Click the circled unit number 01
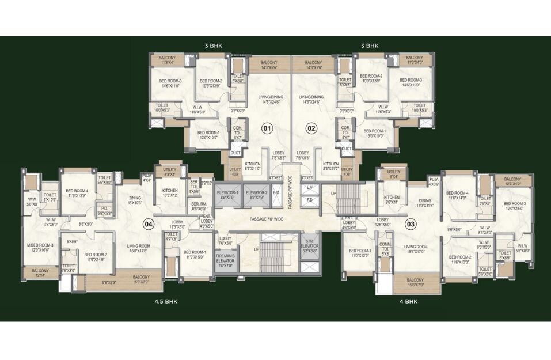pyautogui.click(x=267, y=128)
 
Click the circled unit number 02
pyautogui.click(x=311, y=128)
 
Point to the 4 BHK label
pyautogui.click(x=408, y=301)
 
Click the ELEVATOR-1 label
pyautogui.click(x=227, y=195)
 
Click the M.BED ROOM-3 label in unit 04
pyautogui.click(x=40, y=247)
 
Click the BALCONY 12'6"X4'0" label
pyautogui.click(x=512, y=181)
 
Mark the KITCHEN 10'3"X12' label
pyautogui.click(x=170, y=192)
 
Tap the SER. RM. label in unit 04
pyautogui.click(x=199, y=206)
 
